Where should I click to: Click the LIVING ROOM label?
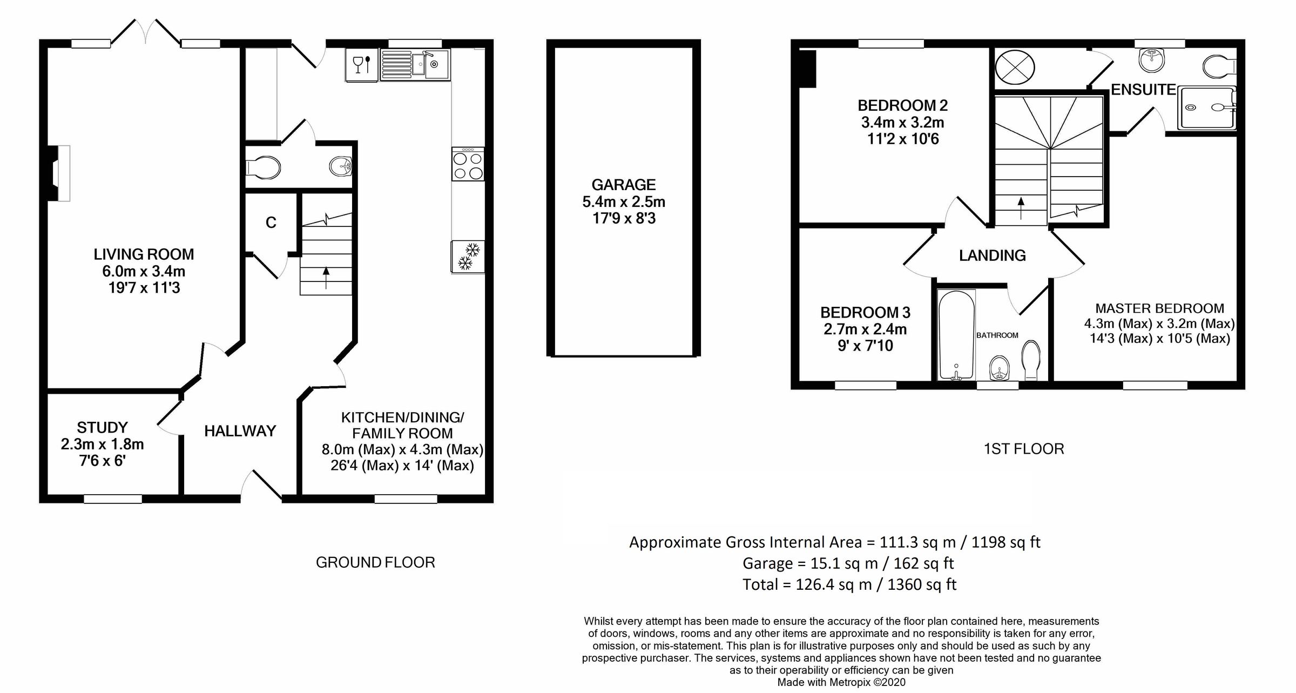tap(144, 254)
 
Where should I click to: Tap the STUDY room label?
tap(102, 428)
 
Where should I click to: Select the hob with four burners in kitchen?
tap(468, 166)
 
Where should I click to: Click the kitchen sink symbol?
tap(415, 65)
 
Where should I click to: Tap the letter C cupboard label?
tap(271, 223)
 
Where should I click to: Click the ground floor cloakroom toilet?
tap(264, 167)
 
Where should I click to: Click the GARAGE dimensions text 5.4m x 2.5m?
tap(624, 202)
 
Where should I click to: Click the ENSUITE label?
tap(1143, 90)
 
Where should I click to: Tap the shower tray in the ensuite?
tap(1207, 108)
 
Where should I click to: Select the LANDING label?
tap(992, 255)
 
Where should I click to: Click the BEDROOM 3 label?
tap(865, 312)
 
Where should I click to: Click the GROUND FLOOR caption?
tap(375, 562)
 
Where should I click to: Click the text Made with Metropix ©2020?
tap(841, 682)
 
